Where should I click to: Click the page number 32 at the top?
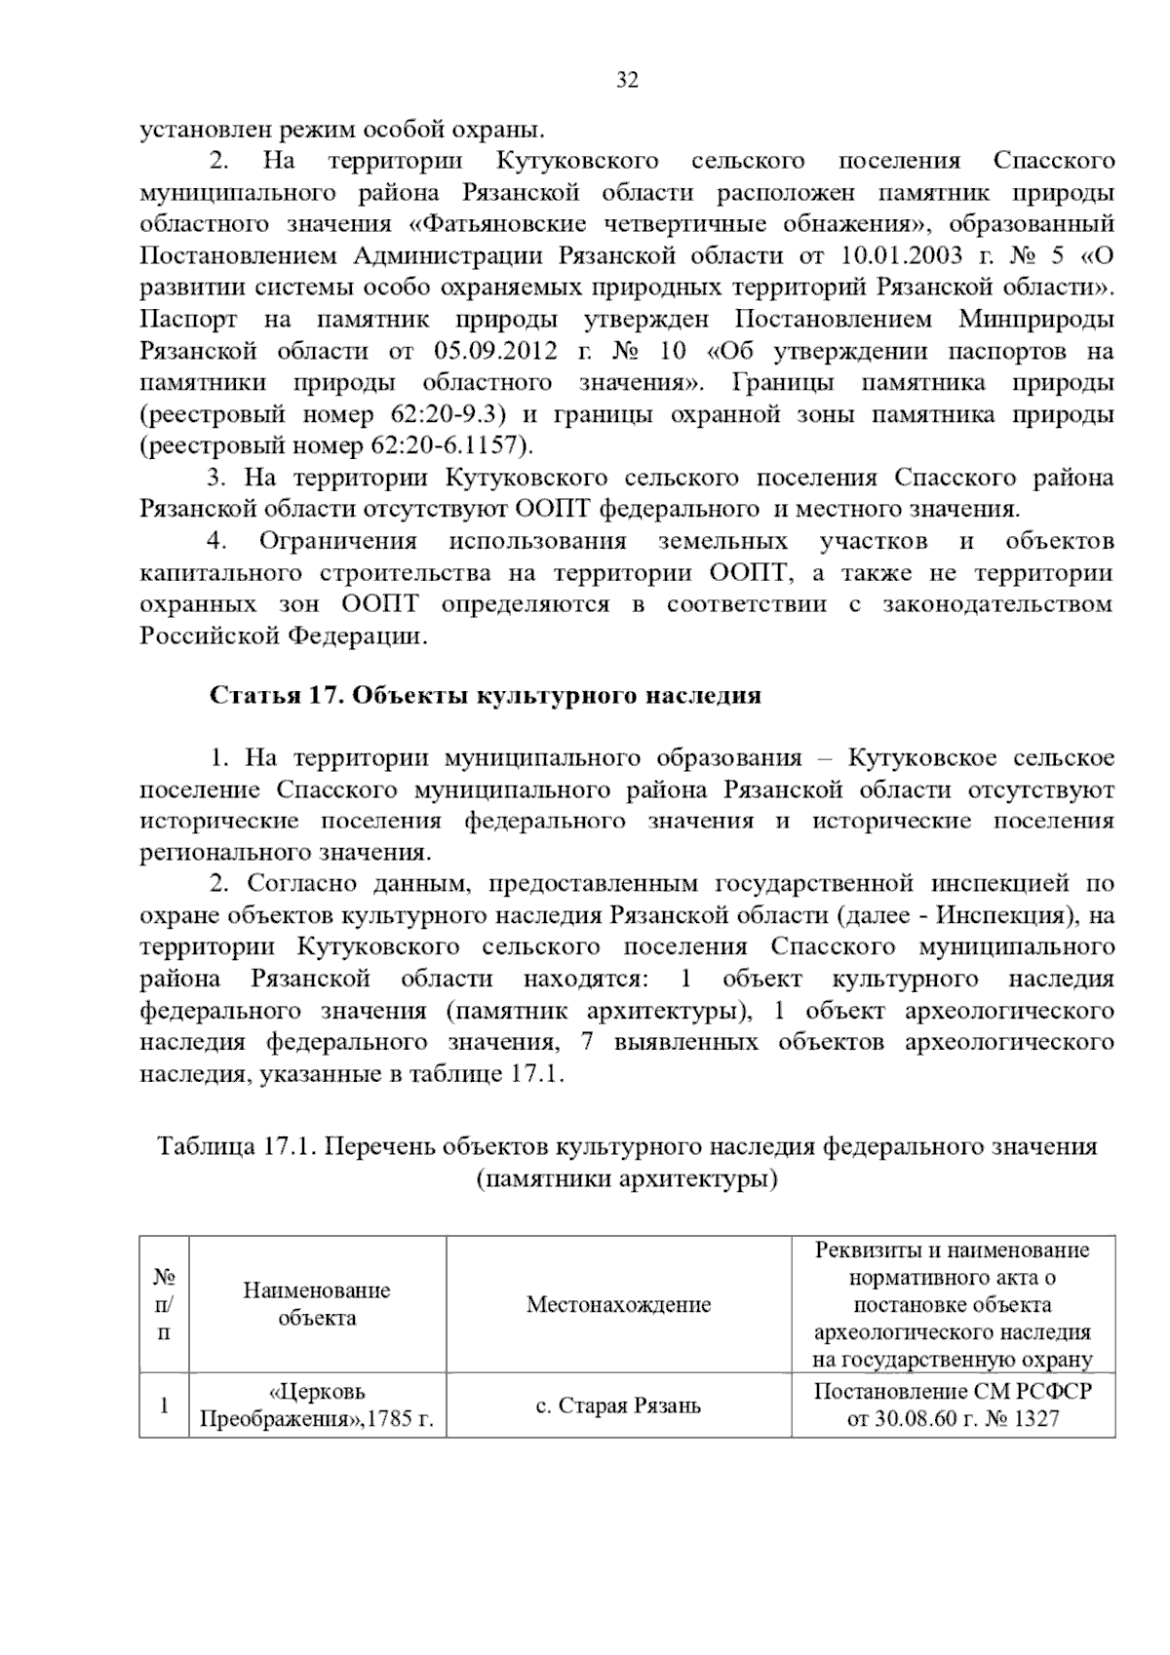point(628,81)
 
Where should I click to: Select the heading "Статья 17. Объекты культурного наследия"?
point(485,696)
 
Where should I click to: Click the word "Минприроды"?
point(1035,320)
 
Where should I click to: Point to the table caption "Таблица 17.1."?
point(237,1146)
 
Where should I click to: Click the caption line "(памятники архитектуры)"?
point(627,1179)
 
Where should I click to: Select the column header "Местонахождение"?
point(618,1304)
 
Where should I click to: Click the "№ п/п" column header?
point(164,1304)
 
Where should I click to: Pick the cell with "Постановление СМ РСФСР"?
point(953,1391)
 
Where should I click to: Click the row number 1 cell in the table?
point(164,1405)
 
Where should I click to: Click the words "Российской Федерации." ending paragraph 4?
point(284,636)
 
